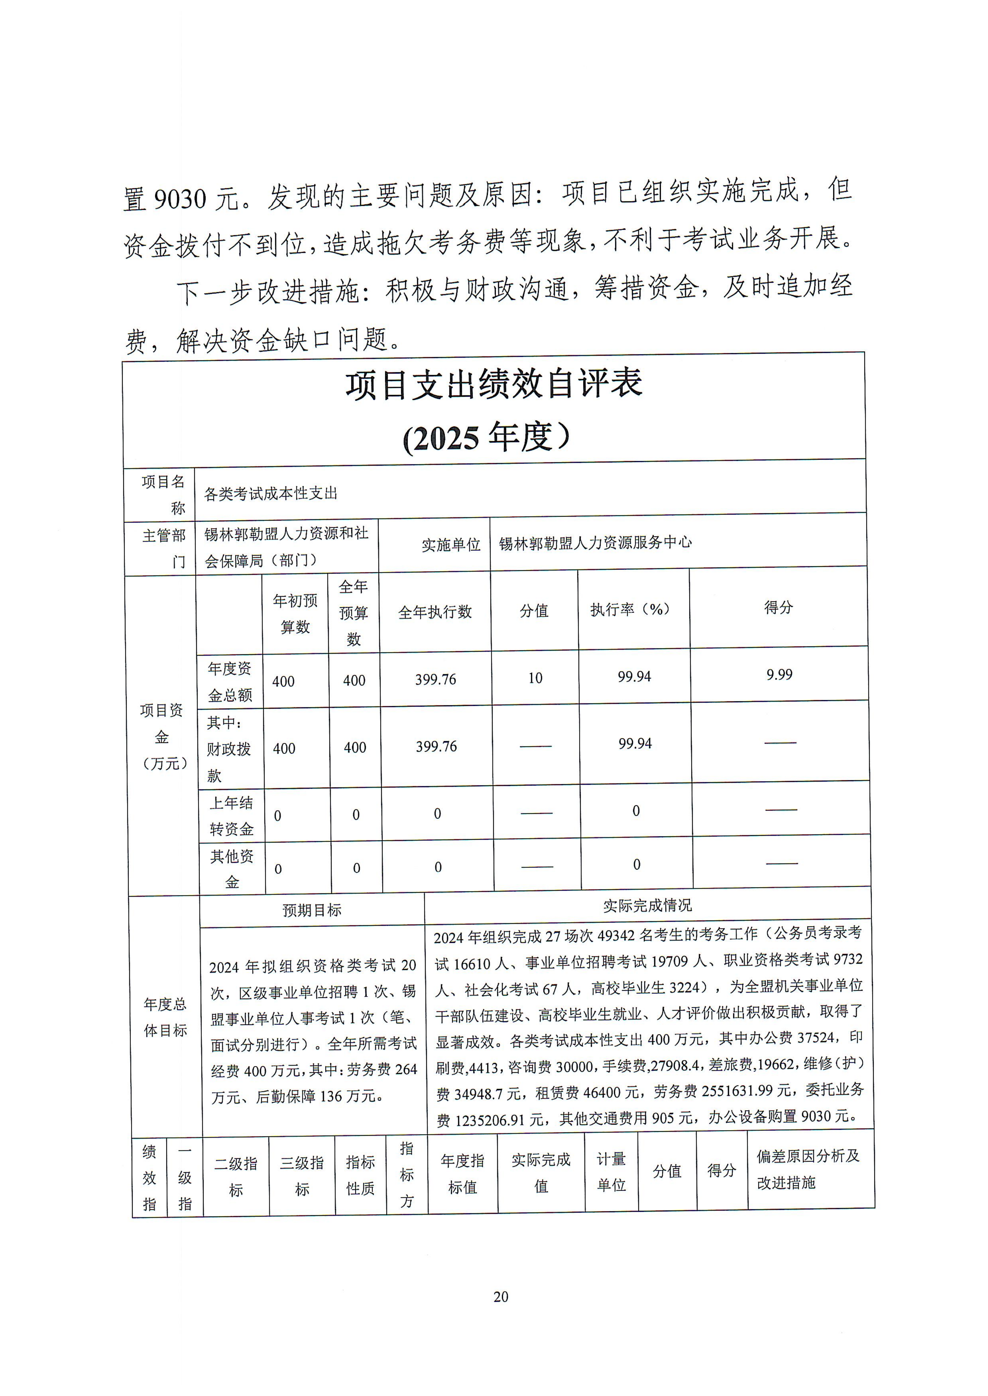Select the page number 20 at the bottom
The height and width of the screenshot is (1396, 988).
tap(501, 1297)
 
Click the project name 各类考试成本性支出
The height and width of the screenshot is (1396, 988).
tap(271, 494)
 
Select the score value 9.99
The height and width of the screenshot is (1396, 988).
tap(779, 674)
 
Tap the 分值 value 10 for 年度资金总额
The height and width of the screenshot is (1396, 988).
tap(535, 678)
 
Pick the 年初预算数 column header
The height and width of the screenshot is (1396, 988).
tap(295, 613)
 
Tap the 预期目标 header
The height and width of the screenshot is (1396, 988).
tap(312, 910)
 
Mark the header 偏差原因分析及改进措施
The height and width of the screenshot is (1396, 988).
tap(808, 1169)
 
